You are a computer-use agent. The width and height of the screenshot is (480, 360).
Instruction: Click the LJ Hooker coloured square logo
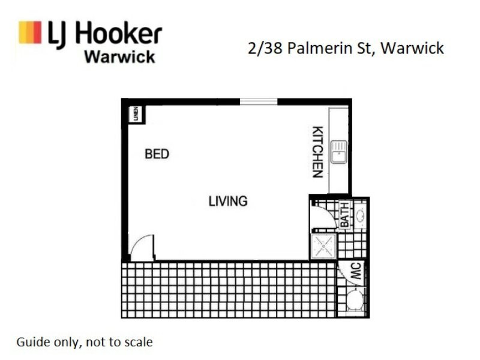pos(30,32)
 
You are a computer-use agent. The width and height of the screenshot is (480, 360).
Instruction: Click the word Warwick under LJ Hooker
pos(119,57)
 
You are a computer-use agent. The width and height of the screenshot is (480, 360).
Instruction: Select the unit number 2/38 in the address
pos(265,48)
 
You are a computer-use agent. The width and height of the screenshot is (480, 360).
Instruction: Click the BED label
pos(157,154)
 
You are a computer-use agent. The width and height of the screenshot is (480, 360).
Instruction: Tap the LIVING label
pos(228,201)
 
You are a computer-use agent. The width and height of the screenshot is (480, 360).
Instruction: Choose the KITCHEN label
pos(318,152)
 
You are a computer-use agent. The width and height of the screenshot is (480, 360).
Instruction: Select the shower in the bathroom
pos(325,246)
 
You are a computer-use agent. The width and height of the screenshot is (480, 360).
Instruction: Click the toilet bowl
pos(355,299)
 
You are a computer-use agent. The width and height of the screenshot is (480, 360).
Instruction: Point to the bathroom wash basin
pos(361,215)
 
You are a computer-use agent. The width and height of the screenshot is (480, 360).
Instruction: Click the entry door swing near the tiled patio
pos(142,248)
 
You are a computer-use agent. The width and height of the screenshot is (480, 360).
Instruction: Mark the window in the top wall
pos(259,101)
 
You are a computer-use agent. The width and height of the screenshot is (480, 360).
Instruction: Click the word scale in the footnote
pos(138,343)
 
